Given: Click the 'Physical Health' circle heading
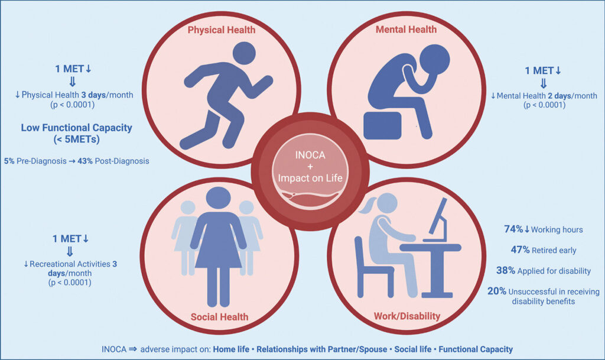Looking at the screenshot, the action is [x=222, y=30].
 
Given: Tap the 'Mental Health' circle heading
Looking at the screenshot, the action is [x=406, y=30].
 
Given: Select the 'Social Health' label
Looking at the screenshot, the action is [x=220, y=317].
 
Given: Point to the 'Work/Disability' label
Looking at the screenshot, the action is [x=407, y=316].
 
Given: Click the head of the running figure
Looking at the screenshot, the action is [x=244, y=53].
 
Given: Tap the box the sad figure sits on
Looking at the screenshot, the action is [x=383, y=125].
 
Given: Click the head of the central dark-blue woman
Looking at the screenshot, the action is [x=219, y=199].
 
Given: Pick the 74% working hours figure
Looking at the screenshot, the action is [x=513, y=229].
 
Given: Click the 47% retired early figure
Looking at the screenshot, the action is [x=520, y=249].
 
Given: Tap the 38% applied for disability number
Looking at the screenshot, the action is [x=506, y=271].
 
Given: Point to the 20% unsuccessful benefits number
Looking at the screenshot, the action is [x=496, y=291].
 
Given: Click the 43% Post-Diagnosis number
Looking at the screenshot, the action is [x=85, y=161].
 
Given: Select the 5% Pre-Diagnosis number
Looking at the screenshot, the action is [x=9, y=161].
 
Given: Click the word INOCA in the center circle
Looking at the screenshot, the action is [x=310, y=155].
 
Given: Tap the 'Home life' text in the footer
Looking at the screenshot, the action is [x=231, y=349].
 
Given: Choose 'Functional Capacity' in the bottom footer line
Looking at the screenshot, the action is [x=476, y=349].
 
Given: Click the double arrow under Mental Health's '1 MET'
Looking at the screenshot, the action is [x=544, y=83].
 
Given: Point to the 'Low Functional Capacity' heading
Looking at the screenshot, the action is [x=76, y=128].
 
